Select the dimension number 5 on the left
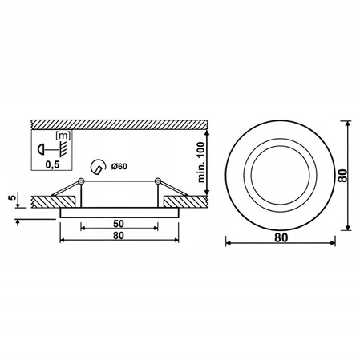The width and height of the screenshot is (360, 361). (x=10, y=197)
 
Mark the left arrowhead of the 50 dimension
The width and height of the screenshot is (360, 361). (x=83, y=229)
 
